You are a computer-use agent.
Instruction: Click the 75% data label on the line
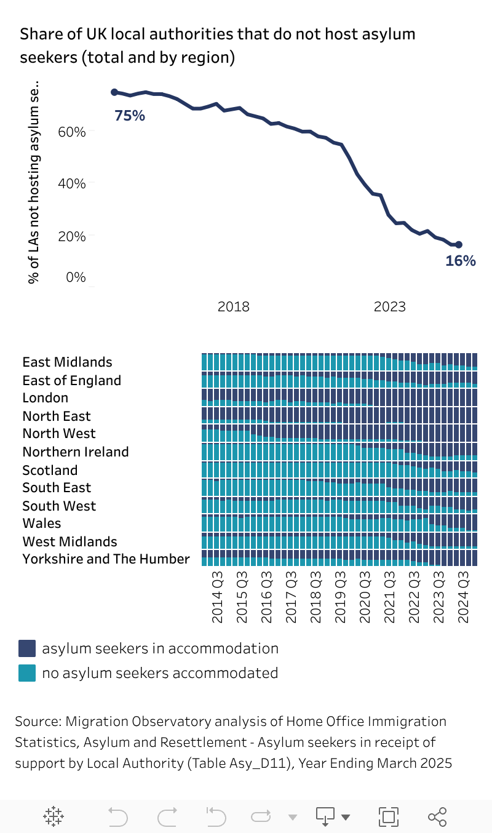pyautogui.click(x=130, y=115)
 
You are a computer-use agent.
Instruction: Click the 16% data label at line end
pyautogui.click(x=461, y=260)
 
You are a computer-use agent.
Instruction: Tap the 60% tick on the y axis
pyautogui.click(x=71, y=132)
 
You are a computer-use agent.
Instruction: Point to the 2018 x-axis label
pyautogui.click(x=234, y=306)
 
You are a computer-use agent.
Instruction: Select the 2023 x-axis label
pyautogui.click(x=389, y=306)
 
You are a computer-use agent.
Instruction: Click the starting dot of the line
pyautogui.click(x=114, y=92)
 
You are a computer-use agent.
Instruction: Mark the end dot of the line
pyautogui.click(x=459, y=244)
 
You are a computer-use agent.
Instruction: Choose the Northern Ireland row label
pyautogui.click(x=76, y=452)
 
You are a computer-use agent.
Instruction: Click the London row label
pyautogui.click(x=46, y=398)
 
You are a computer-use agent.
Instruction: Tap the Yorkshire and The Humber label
pyautogui.click(x=106, y=559)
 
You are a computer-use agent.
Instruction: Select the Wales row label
pyautogui.click(x=42, y=524)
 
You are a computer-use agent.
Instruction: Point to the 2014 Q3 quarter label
pyautogui.click(x=218, y=597)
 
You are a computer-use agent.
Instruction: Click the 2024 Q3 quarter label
pyautogui.click(x=464, y=597)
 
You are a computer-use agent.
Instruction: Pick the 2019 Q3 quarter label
pyautogui.click(x=341, y=597)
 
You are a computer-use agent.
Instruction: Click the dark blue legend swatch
pyautogui.click(x=27, y=648)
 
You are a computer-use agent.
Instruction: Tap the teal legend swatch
pyautogui.click(x=27, y=673)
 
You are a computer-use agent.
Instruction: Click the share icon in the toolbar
pyautogui.click(x=437, y=816)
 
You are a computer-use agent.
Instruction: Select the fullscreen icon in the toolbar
pyautogui.click(x=388, y=816)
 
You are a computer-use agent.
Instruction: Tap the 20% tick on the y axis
pyautogui.click(x=71, y=236)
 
